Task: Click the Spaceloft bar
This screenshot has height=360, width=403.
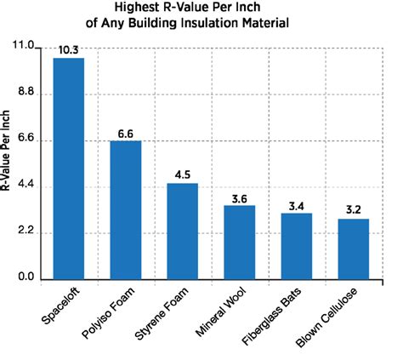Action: pyautogui.click(x=69, y=168)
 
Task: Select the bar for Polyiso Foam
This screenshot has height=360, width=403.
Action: pyautogui.click(x=125, y=209)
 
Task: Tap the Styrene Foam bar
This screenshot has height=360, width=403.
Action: pyautogui.click(x=182, y=231)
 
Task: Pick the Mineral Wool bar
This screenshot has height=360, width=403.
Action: pyautogui.click(x=239, y=242)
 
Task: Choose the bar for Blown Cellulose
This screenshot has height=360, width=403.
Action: pyautogui.click(x=353, y=249)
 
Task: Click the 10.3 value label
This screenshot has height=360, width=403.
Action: pyautogui.click(x=69, y=51)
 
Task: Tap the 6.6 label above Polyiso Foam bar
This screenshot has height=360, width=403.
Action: pyautogui.click(x=127, y=134)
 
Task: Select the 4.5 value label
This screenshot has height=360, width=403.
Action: pyautogui.click(x=183, y=174)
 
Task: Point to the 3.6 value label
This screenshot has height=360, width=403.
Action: pyautogui.click(x=240, y=198)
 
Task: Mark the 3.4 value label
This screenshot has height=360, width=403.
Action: pyautogui.click(x=297, y=205)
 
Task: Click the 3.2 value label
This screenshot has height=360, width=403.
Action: pyautogui.click(x=354, y=209)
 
